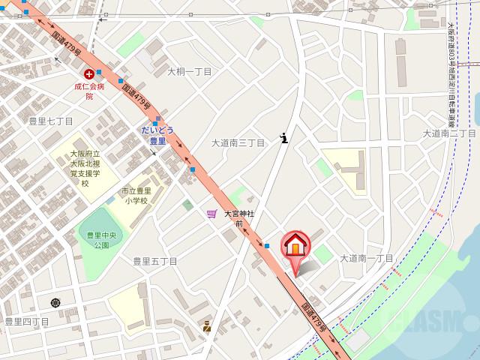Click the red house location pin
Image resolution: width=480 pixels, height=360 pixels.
tap(296, 247)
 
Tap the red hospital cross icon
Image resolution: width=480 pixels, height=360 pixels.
tap(89, 73)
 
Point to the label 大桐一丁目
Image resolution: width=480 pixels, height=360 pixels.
tap(189, 72)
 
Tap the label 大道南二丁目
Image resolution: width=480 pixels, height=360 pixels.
tap(449, 133)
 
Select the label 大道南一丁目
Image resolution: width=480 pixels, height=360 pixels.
tap(367, 257)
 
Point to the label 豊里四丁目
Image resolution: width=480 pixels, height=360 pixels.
tap(26, 322)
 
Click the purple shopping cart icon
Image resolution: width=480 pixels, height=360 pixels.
tap(212, 214)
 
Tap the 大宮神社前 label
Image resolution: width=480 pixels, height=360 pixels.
tap(239, 218)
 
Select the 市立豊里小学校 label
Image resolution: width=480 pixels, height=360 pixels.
tap(136, 196)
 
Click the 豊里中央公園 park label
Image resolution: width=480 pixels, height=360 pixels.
tap(98, 239)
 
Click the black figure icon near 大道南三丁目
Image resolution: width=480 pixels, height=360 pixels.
tap(283, 137)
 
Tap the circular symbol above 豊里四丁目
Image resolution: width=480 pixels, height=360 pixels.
tap(55, 303)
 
